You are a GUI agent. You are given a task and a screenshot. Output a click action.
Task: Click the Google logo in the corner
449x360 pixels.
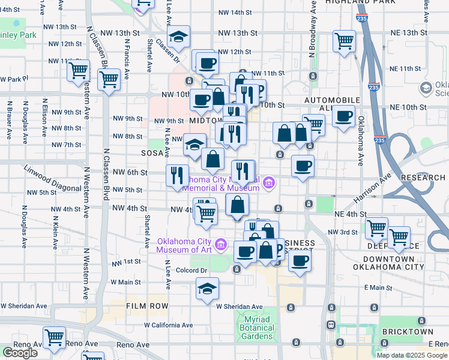pyautogui.click(x=20, y=353)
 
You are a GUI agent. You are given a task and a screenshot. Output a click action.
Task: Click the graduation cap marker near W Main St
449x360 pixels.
pyautogui.click(x=207, y=289)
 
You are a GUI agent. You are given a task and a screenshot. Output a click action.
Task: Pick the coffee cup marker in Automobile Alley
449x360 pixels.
pyautogui.click(x=343, y=116)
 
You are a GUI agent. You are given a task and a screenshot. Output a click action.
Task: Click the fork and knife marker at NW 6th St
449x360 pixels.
pyautogui.click(x=177, y=175)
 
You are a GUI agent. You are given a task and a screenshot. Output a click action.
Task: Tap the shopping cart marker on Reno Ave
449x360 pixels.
pyautogui.click(x=55, y=337)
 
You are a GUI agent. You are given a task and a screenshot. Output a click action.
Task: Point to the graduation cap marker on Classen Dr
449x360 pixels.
pyautogui.click(x=178, y=36)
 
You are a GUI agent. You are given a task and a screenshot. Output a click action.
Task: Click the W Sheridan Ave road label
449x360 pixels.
pyautogui.click(x=240, y=307)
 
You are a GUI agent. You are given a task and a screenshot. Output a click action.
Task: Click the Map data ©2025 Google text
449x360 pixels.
pyautogui.click(x=412, y=355)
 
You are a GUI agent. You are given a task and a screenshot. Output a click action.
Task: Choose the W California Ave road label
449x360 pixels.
pyautogui.click(x=169, y=325)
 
